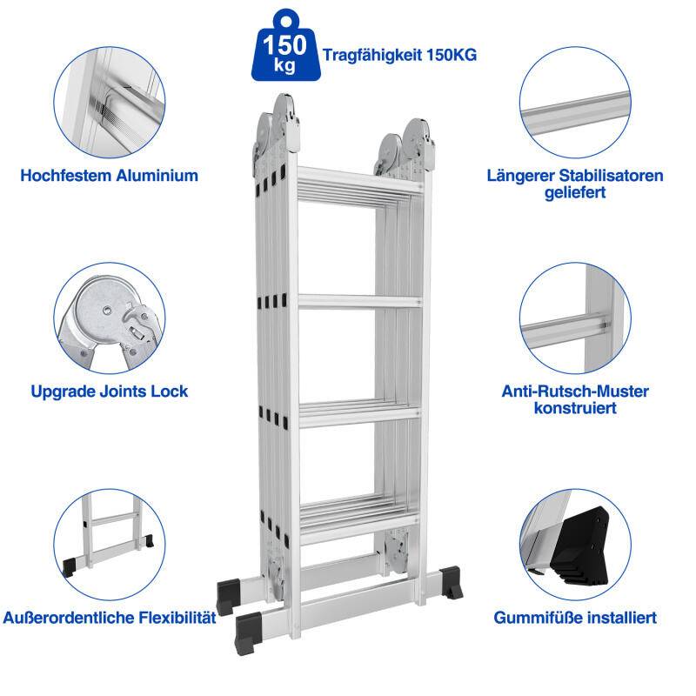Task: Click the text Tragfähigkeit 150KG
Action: (399, 54)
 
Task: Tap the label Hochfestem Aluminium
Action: (109, 175)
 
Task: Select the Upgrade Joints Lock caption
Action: (109, 391)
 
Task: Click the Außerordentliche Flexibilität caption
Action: (109, 618)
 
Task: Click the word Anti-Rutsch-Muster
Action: (575, 391)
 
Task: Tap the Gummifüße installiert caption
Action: (575, 618)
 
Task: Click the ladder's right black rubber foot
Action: (452, 582)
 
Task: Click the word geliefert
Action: (575, 192)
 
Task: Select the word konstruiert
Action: (575, 408)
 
